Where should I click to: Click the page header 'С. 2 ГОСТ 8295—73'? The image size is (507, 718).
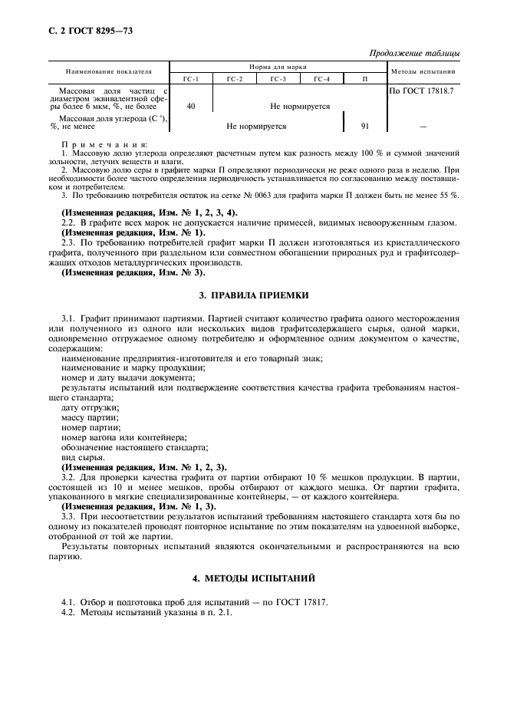coord(80,33)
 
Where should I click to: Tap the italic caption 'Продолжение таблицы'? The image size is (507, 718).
coord(414,53)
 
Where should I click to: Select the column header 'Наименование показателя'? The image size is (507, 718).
coord(108,71)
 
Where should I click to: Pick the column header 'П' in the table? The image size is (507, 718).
coord(364,79)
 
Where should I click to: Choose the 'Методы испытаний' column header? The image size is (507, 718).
coord(423,71)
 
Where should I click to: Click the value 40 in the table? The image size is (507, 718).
coord(191,107)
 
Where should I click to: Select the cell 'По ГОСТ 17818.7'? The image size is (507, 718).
coord(422,91)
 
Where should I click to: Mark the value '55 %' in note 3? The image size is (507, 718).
coord(449,195)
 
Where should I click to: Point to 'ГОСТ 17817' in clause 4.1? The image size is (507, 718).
coord(301,602)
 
